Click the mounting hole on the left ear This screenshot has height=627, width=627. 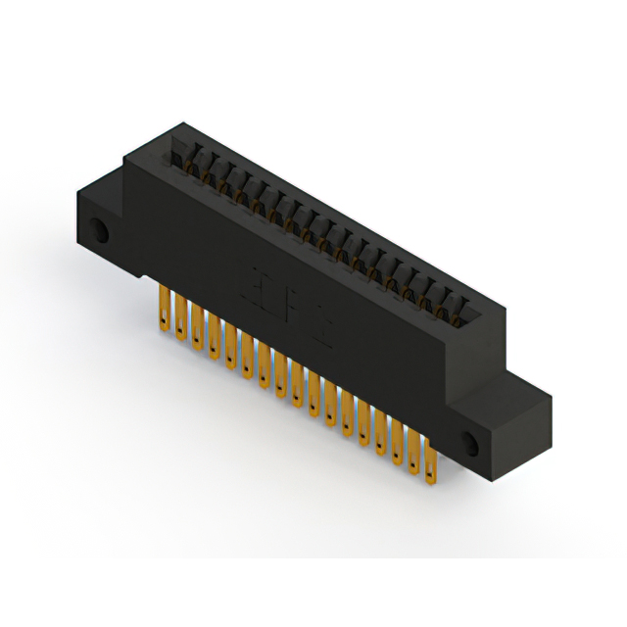[100, 233]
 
